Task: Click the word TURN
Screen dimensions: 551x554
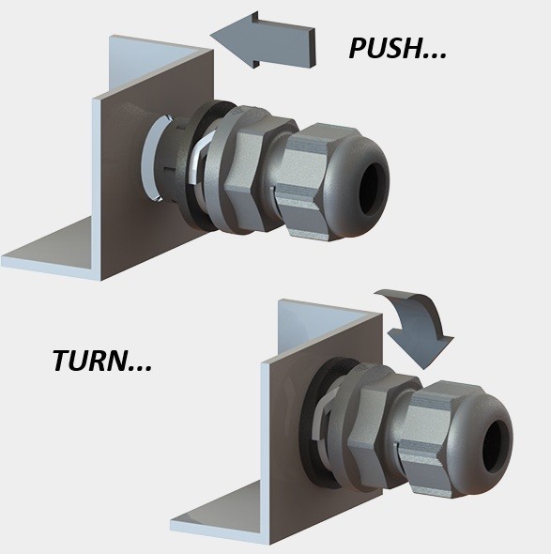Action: [x=90, y=361]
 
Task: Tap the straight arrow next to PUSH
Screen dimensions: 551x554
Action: [x=263, y=39]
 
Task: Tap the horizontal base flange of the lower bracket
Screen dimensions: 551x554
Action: [x=219, y=516]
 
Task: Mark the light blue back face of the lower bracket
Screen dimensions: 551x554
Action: [x=311, y=329]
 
